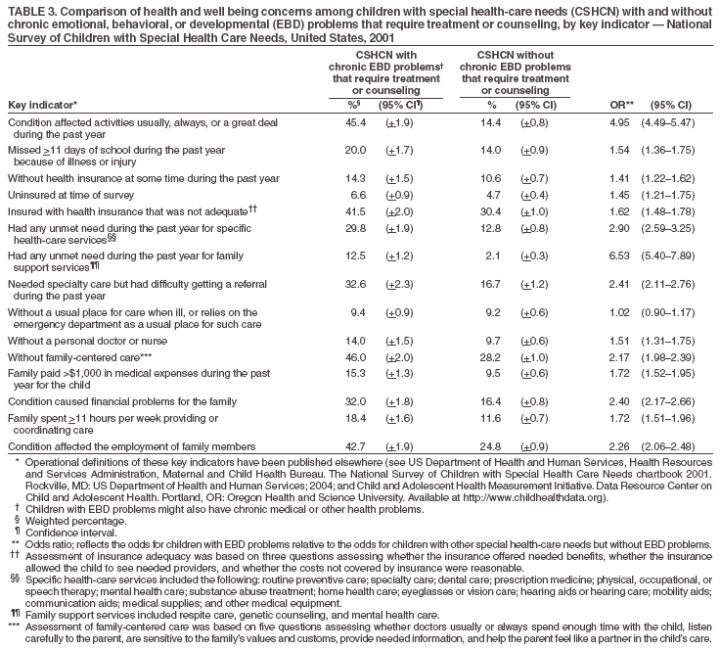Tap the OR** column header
[x=618, y=105]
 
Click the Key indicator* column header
[x=42, y=104]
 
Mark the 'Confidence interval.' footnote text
[x=67, y=532]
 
